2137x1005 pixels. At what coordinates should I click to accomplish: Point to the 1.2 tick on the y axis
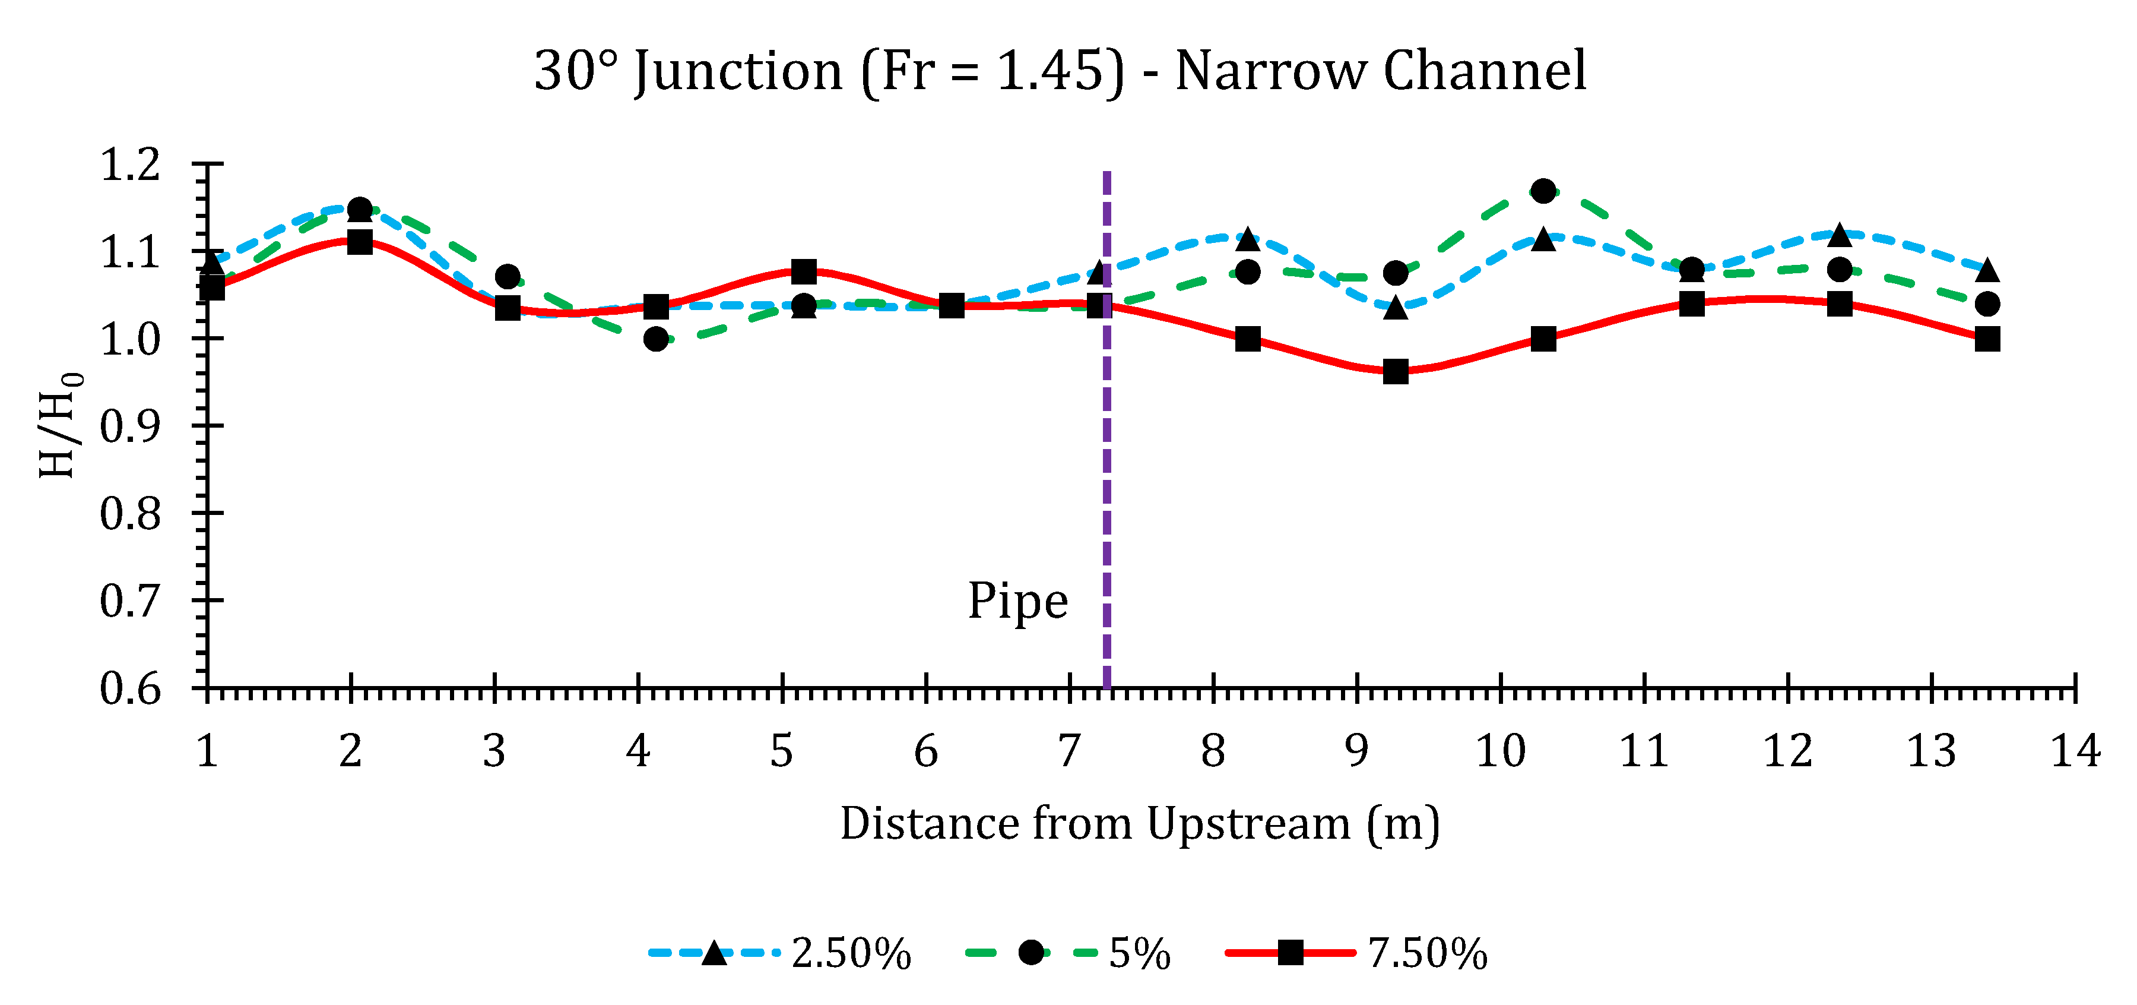click(130, 165)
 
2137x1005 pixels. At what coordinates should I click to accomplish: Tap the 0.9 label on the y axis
click(130, 426)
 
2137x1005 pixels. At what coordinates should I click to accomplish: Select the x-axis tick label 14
click(2075, 751)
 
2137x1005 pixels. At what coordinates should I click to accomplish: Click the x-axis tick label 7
click(1068, 751)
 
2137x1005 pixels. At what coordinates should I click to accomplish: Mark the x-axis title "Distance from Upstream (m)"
click(1140, 823)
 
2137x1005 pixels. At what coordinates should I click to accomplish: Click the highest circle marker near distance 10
click(1543, 191)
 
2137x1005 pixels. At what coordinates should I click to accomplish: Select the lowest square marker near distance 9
click(1396, 372)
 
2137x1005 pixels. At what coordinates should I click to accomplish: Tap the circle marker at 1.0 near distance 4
click(655, 339)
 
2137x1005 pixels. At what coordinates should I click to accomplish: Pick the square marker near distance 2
click(359, 242)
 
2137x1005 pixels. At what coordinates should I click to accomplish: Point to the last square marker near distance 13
click(1987, 339)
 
